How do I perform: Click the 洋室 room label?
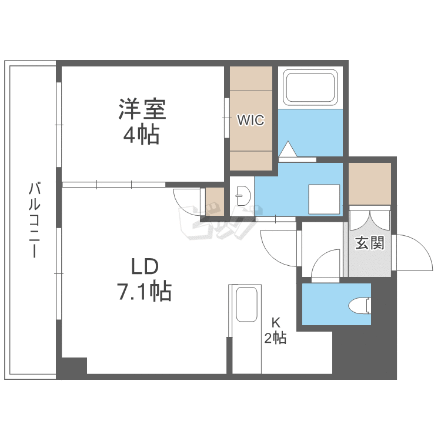tap(141, 109)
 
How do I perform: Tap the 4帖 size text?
tap(141, 135)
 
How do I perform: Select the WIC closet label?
tap(251, 120)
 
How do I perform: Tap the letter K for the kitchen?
tap(275, 322)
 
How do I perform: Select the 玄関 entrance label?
tap(369, 243)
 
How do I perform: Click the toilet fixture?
tap(359, 305)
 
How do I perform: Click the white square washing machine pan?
tap(324, 199)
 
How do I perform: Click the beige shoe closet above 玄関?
tap(369, 183)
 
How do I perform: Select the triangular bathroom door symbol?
tap(289, 150)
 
